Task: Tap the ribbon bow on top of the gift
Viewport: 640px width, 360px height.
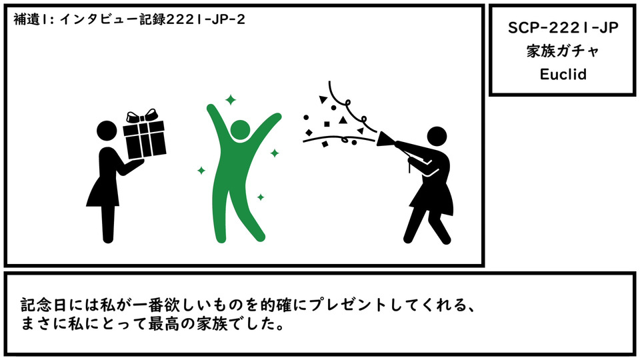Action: [141, 116]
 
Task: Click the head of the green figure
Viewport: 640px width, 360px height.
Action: [240, 130]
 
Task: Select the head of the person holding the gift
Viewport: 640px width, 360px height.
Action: [107, 131]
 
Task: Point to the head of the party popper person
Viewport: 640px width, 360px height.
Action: [437, 137]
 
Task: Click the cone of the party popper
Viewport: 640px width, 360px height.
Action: [385, 139]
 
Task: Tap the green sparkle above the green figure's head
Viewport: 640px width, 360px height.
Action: [231, 99]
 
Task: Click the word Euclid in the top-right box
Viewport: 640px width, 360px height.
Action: [563, 74]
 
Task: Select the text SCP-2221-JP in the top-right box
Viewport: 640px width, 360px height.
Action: [563, 28]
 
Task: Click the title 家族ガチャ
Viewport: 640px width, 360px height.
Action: [563, 51]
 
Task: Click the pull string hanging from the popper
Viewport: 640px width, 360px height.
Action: [409, 165]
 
